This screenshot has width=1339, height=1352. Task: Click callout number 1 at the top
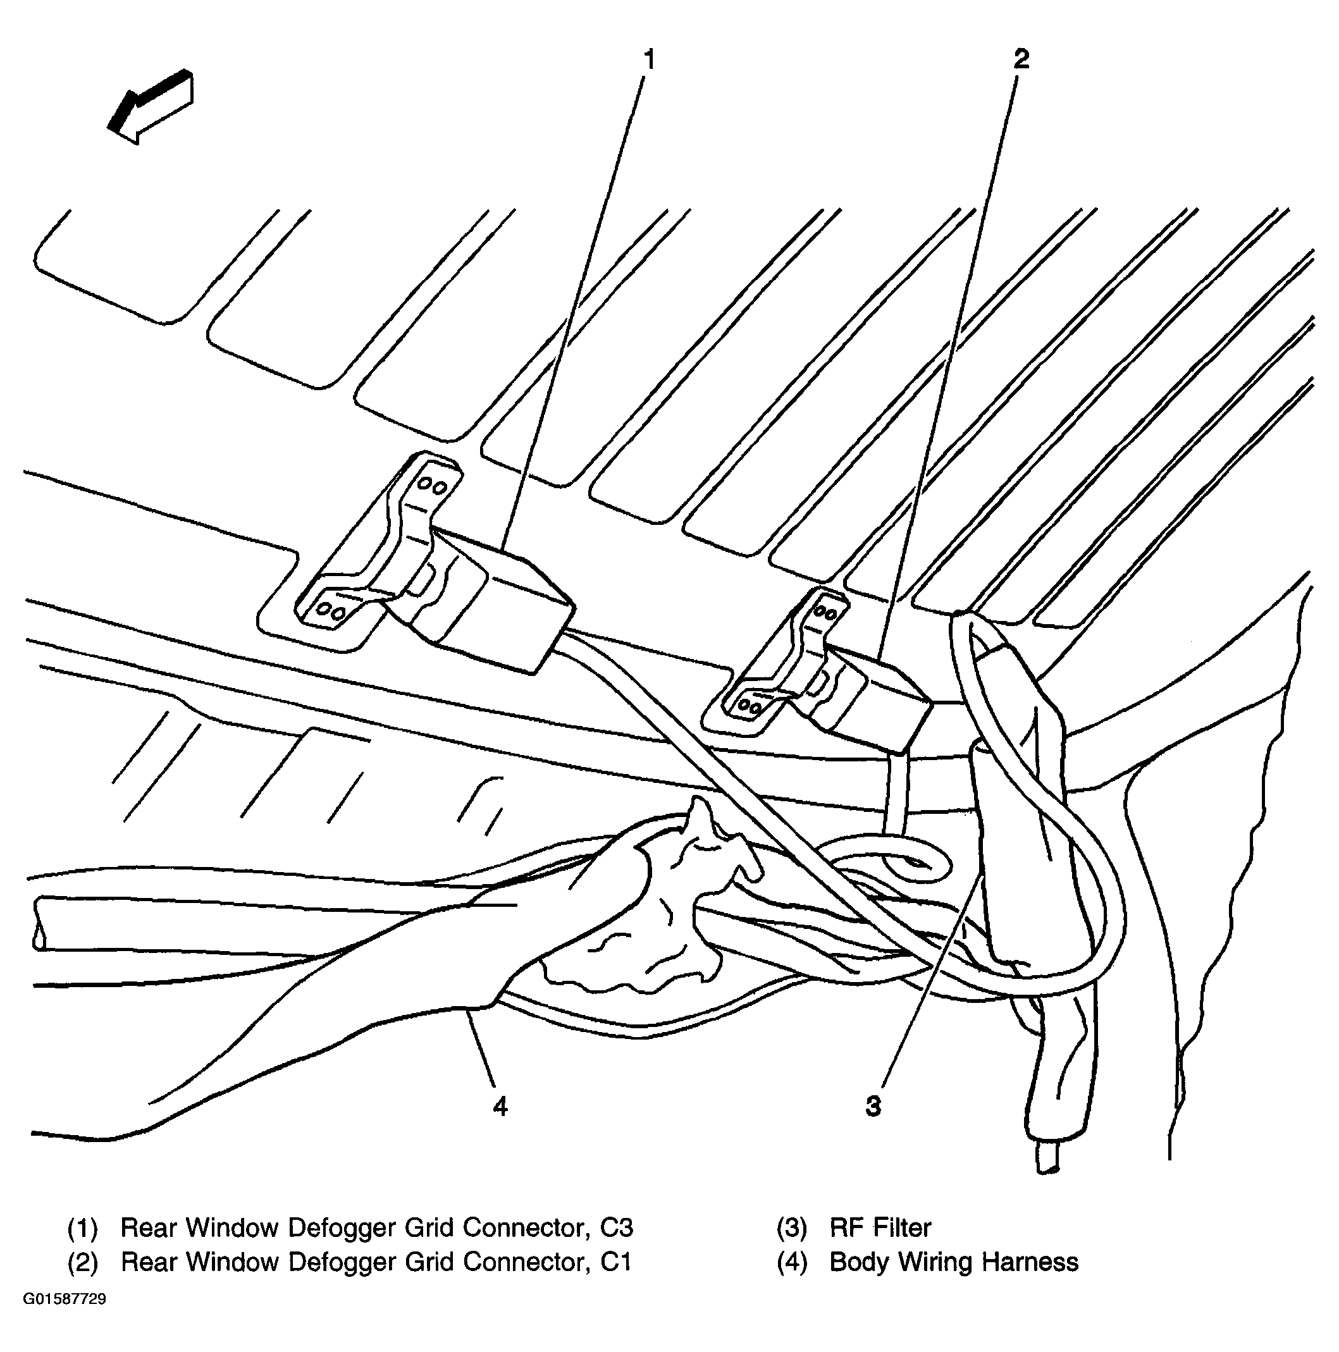[650, 60]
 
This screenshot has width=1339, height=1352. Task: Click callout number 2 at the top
[1021, 59]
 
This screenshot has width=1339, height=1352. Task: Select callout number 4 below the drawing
[500, 1105]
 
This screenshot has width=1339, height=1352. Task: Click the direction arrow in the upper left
[151, 106]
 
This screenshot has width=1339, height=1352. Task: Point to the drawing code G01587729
[65, 1319]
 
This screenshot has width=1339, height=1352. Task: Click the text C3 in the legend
[616, 1227]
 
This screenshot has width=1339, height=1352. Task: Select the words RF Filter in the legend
[880, 1227]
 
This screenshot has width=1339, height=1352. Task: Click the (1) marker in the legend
[83, 1228]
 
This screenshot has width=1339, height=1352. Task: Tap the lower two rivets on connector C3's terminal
[330, 611]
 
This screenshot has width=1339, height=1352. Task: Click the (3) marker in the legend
[792, 1228]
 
